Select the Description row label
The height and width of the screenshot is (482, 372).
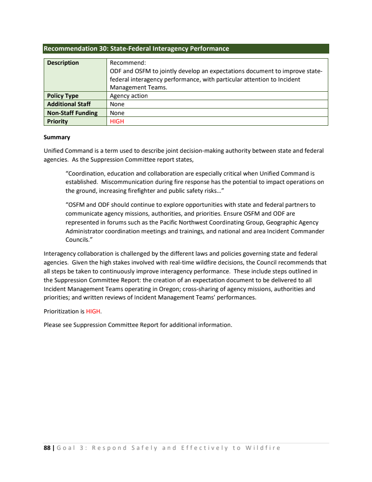tap(63, 63)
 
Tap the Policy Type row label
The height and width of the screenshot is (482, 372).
tap(63, 96)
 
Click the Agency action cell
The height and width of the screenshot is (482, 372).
tap(129, 96)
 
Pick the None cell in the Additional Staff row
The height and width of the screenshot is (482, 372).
tap(117, 104)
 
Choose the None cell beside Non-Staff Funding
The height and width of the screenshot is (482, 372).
tap(117, 113)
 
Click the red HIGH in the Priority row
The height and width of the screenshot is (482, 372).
tap(117, 122)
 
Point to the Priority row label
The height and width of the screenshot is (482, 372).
tap(57, 122)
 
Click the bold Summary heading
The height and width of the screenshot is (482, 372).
tap(57, 137)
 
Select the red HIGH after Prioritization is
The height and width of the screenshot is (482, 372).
tap(93, 311)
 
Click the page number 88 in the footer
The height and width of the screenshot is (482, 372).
tap(47, 448)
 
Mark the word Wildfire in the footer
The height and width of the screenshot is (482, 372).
tap(263, 448)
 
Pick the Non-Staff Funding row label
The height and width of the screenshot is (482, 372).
tap(72, 113)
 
